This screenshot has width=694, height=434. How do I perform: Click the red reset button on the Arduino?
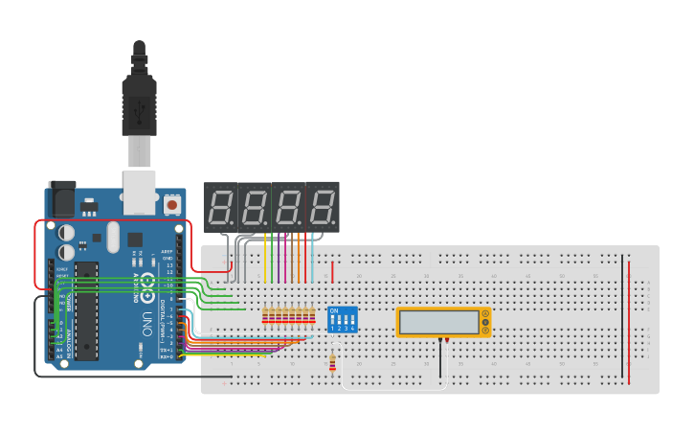click(172, 204)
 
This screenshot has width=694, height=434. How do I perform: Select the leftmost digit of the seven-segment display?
click(219, 206)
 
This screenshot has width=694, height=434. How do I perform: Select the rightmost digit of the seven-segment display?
click(323, 206)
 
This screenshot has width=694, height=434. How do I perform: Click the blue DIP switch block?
click(343, 319)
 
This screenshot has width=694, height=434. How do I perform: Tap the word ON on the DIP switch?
click(334, 311)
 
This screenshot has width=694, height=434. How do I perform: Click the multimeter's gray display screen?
click(439, 323)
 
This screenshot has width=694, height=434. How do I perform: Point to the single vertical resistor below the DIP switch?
click(332, 361)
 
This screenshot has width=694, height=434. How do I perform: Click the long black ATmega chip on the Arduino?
click(87, 311)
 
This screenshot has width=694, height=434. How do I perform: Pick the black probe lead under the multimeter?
click(440, 359)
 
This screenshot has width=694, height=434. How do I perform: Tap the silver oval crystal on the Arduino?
click(113, 236)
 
